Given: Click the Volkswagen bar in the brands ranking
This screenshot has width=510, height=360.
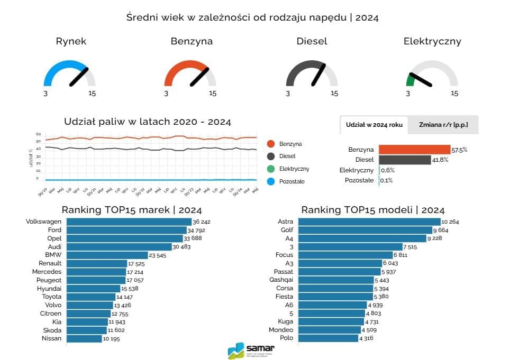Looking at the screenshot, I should [130, 222].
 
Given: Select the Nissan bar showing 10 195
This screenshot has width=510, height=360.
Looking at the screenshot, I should [85, 338].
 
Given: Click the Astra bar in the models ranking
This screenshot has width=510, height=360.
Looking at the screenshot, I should [369, 222].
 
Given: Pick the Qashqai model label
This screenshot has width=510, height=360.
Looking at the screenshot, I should [281, 280].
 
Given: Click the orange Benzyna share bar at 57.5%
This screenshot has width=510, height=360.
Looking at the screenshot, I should [414, 150].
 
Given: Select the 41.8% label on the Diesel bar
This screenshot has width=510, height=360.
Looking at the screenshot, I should [440, 160].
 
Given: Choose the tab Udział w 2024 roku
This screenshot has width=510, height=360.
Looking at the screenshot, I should [374, 125].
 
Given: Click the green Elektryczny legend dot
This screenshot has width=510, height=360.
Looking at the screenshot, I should [271, 169].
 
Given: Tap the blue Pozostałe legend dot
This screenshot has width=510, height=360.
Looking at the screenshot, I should [271, 181].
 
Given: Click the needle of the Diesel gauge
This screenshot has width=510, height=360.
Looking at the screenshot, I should [318, 75].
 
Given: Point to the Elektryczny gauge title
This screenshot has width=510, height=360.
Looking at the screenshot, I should [432, 41].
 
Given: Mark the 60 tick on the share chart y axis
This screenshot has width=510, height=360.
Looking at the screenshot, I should [39, 134].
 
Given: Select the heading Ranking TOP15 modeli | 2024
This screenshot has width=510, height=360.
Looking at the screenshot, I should [373, 210].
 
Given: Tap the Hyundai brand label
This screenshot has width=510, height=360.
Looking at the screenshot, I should [49, 289].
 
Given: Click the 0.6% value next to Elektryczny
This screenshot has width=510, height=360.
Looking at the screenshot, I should [388, 170].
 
